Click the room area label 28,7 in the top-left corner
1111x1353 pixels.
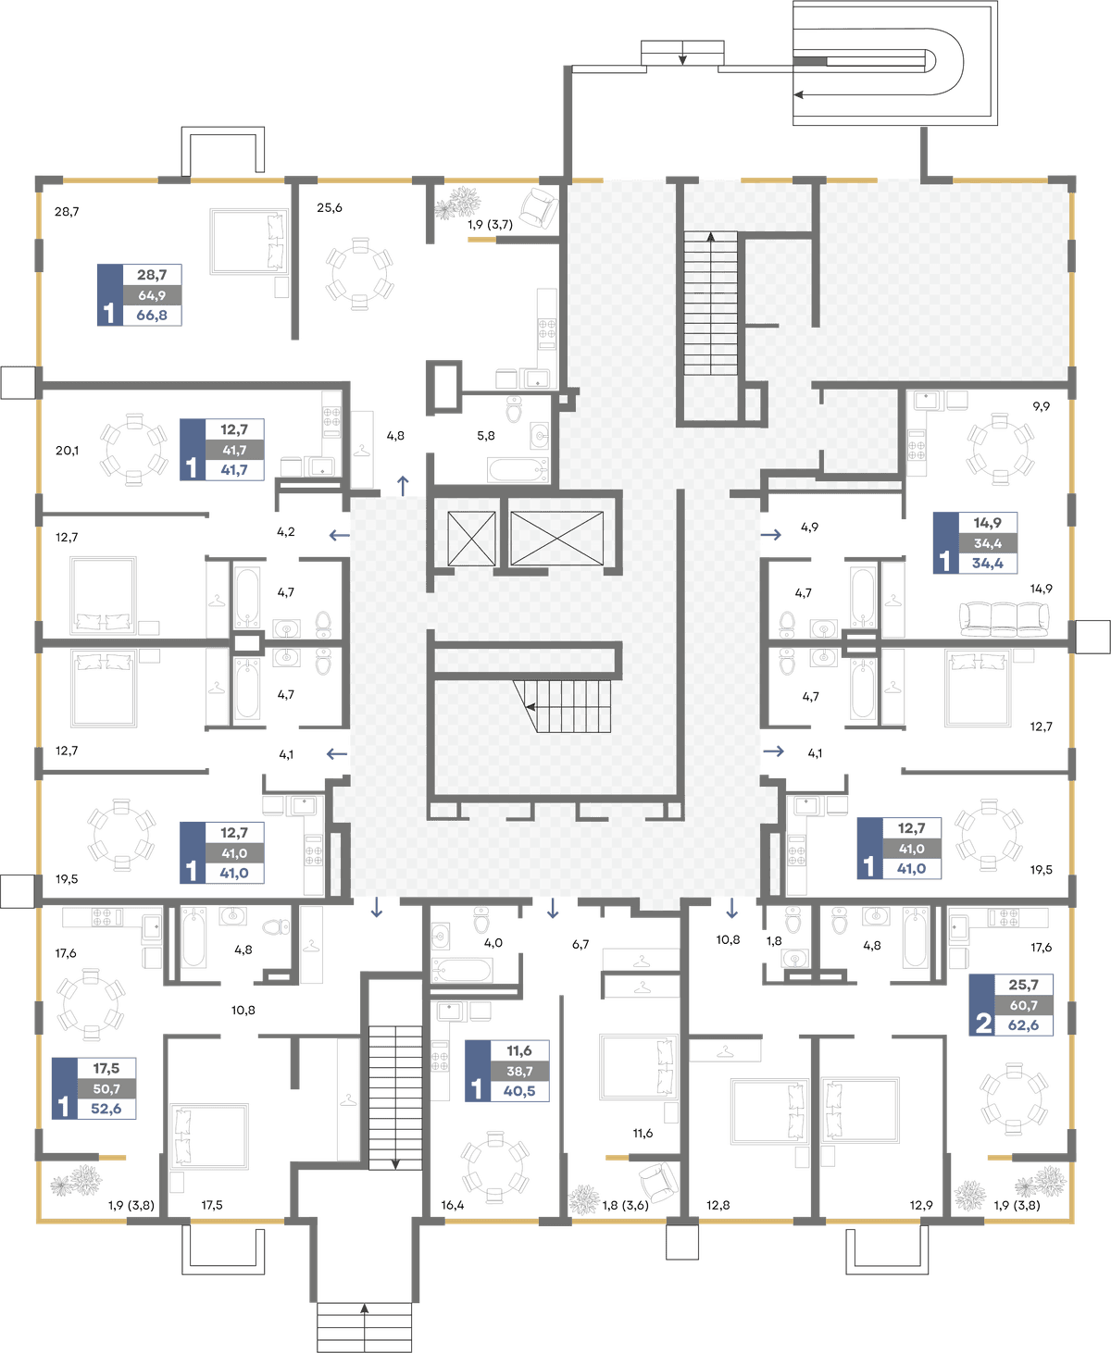click(x=67, y=212)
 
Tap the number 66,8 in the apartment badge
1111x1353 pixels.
click(x=152, y=315)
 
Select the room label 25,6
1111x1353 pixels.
click(x=330, y=208)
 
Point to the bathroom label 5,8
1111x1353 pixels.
click(x=486, y=436)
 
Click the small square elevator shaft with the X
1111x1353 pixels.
click(x=472, y=539)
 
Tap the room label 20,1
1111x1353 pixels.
click(x=67, y=451)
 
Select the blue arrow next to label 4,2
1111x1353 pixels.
click(x=340, y=535)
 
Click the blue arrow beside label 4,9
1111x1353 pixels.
click(x=771, y=534)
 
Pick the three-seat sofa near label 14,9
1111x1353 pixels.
click(x=1004, y=619)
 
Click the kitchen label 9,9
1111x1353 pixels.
click(x=1041, y=406)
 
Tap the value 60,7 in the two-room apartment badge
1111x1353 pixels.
click(x=1023, y=1005)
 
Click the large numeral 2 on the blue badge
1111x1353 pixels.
click(x=982, y=1024)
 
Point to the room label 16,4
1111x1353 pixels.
click(x=453, y=1205)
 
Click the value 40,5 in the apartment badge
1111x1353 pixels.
click(x=519, y=1090)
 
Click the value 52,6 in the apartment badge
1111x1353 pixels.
click(x=106, y=1109)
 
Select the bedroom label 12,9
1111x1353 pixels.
click(x=921, y=1205)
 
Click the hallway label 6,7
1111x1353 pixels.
click(x=580, y=944)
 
